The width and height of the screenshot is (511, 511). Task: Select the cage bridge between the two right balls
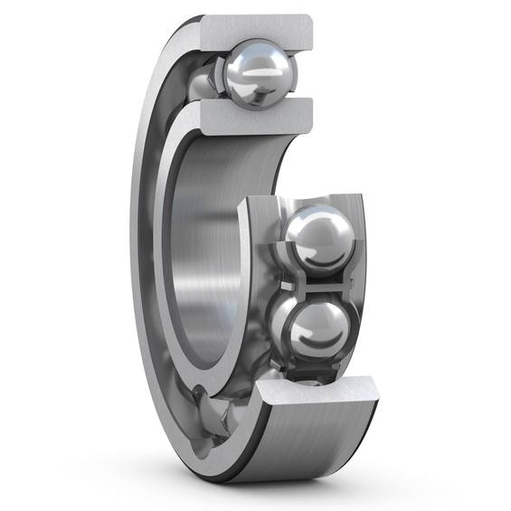[316, 282]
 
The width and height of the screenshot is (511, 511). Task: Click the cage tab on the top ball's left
[217, 77]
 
